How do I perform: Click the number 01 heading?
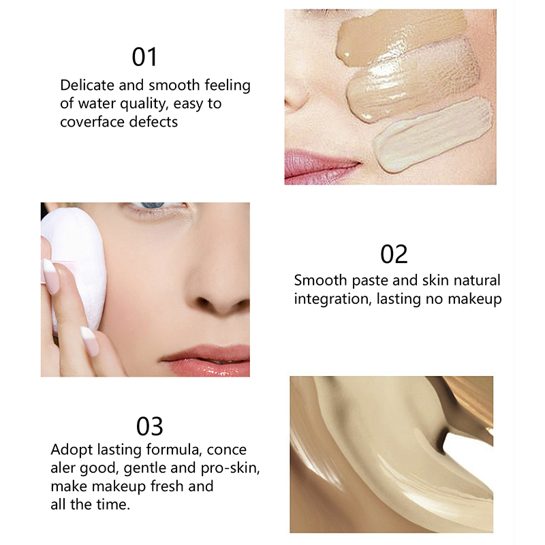click(x=144, y=57)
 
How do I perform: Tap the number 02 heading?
click(x=394, y=254)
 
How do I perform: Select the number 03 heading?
click(x=149, y=426)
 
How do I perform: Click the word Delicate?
click(x=87, y=85)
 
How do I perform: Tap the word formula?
click(x=174, y=450)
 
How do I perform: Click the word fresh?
click(x=167, y=486)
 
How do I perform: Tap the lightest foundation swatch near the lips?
click(x=433, y=134)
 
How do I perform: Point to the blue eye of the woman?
click(x=153, y=205)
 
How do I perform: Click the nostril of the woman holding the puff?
click(x=203, y=301)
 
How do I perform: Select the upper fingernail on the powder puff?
click(x=51, y=277)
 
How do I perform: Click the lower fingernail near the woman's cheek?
click(x=90, y=341)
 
